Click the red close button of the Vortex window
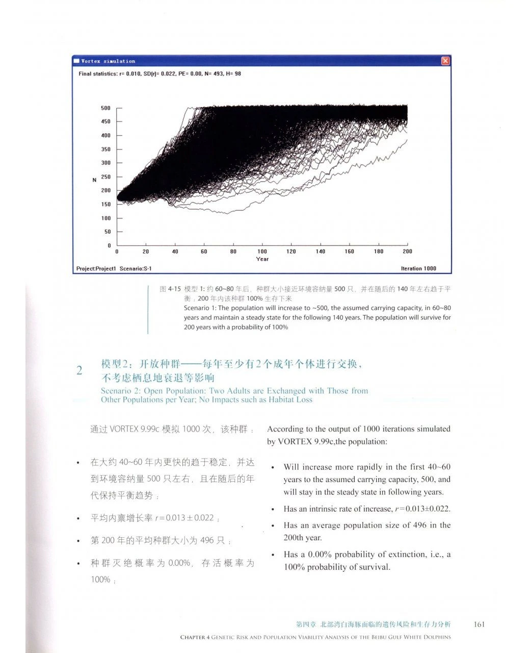(x=445, y=61)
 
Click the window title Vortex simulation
(x=108, y=61)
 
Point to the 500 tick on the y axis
(x=105, y=108)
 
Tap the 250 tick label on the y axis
(x=105, y=177)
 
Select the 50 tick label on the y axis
(x=107, y=232)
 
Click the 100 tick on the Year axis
(x=262, y=252)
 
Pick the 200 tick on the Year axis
(x=407, y=252)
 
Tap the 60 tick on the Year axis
(x=204, y=252)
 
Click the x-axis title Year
(x=262, y=259)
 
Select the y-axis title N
(x=94, y=180)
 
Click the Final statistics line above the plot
(x=160, y=74)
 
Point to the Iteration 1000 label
(x=418, y=268)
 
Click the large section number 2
(x=79, y=370)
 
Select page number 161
(x=479, y=624)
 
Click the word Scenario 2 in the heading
(x=121, y=391)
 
